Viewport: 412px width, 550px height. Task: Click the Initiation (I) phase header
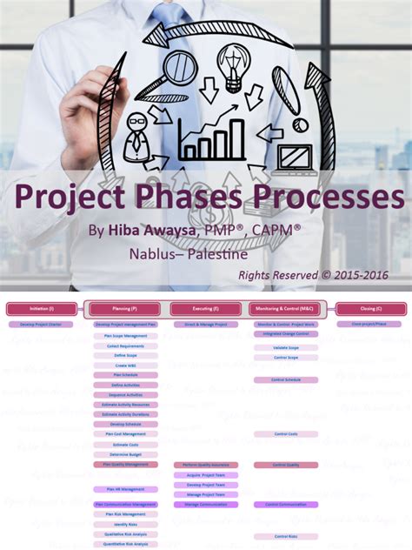[41, 309]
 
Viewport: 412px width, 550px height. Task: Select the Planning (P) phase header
[124, 309]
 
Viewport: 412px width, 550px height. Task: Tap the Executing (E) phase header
[205, 309]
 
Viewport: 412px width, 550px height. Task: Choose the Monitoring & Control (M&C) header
[286, 309]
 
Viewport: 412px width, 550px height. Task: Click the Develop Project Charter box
[41, 324]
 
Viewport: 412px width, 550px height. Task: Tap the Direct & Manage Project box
[205, 324]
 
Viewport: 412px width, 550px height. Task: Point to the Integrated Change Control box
[286, 334]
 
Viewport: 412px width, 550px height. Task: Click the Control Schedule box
[286, 380]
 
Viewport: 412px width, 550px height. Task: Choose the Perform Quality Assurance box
[205, 466]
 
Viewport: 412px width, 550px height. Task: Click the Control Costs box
[286, 433]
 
